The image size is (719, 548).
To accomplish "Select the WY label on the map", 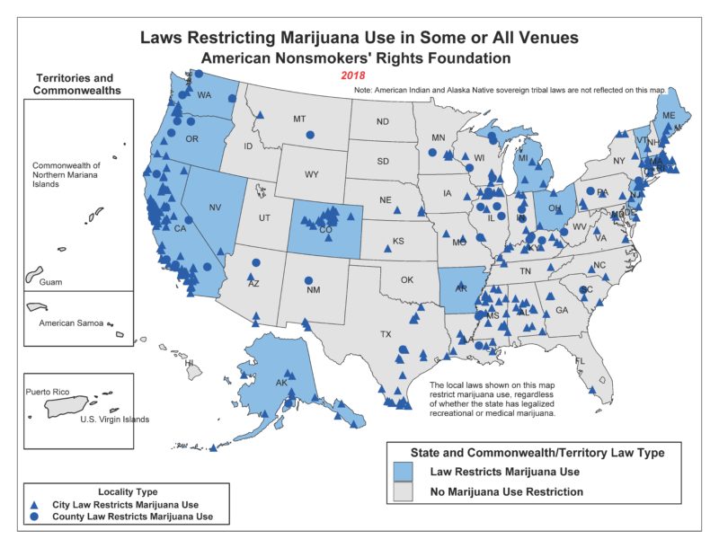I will [x=312, y=174].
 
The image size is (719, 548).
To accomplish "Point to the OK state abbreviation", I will [x=407, y=279].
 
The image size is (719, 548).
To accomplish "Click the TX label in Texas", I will [x=386, y=334].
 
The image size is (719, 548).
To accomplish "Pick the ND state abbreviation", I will [x=382, y=122].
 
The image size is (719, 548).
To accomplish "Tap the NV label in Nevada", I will [x=215, y=208].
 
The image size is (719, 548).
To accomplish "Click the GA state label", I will [x=563, y=310].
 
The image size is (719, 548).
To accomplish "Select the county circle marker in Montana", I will [x=310, y=136].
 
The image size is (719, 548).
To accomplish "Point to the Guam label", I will [x=51, y=281].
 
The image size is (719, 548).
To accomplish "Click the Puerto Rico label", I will [x=48, y=392].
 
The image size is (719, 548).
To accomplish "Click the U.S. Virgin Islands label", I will [x=115, y=420].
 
